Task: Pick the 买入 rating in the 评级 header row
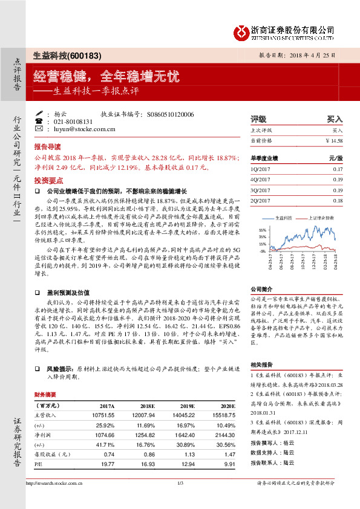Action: tap(335, 119)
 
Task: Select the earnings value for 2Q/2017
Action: tap(338, 200)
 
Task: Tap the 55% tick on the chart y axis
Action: tap(262, 230)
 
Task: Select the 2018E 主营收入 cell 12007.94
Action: tap(145, 416)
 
